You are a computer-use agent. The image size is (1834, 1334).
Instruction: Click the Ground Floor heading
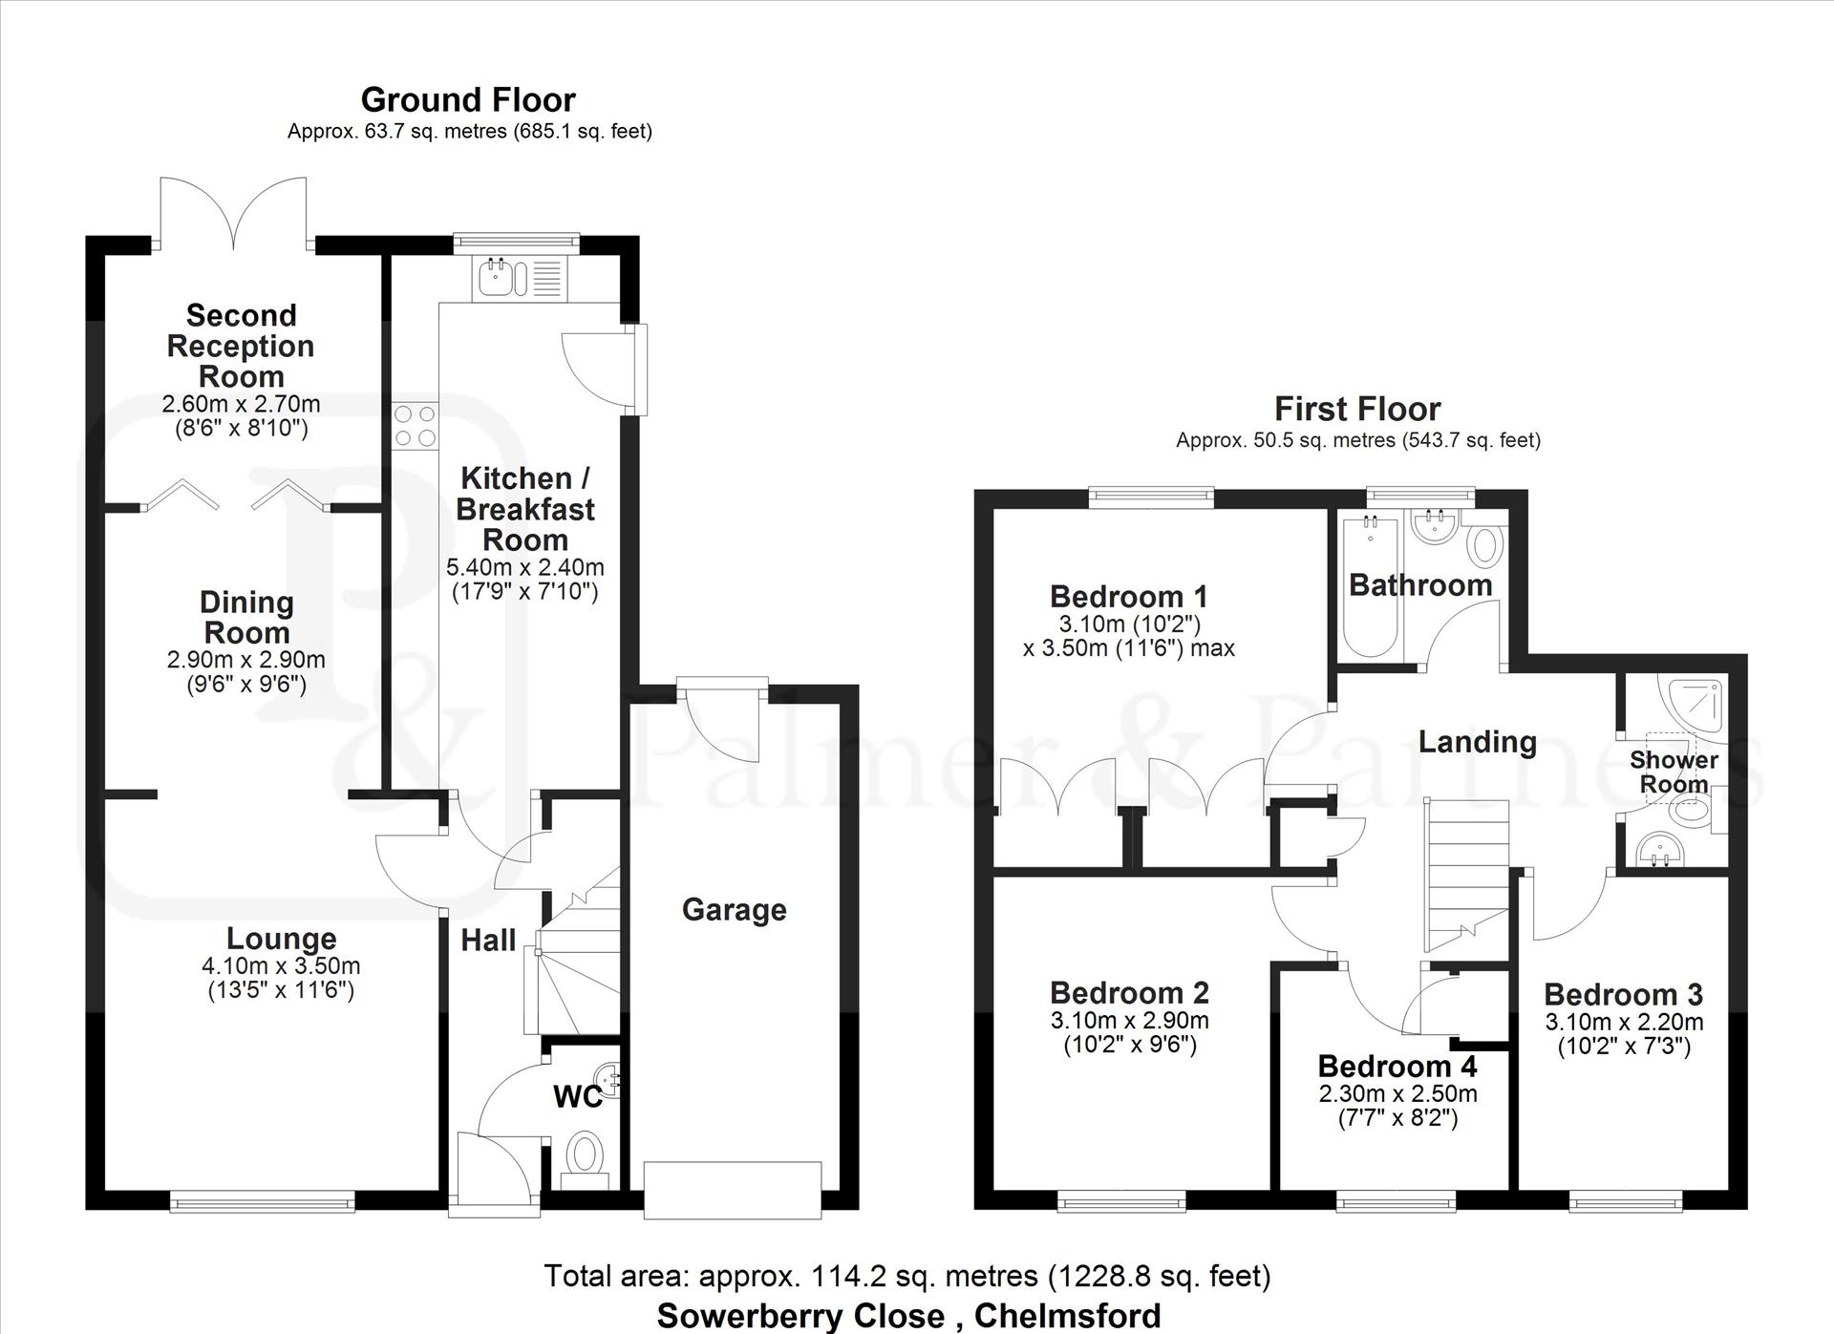468,100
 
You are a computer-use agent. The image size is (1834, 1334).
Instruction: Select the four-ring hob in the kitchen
416,426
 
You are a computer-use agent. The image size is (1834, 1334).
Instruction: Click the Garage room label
734,910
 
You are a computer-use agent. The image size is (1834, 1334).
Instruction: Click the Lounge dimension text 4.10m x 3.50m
281,966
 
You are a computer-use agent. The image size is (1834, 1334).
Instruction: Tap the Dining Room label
246,618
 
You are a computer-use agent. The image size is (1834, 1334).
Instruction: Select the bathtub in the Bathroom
1370,586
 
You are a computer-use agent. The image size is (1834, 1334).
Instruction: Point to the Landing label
1477,742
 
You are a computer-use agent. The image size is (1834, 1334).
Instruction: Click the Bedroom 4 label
1397,1066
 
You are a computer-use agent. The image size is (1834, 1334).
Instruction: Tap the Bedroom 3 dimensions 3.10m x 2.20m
1624,1023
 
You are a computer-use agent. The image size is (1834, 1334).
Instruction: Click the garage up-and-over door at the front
733,1189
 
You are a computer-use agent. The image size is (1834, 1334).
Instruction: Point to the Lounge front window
262,1201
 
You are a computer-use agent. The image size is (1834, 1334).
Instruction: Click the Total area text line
907,1276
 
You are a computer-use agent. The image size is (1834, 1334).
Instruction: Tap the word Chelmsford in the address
1067,1316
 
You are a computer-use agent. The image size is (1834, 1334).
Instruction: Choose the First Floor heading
1356,410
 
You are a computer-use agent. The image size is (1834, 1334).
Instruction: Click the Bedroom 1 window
1151,495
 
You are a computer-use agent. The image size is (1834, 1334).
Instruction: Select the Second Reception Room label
241,346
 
